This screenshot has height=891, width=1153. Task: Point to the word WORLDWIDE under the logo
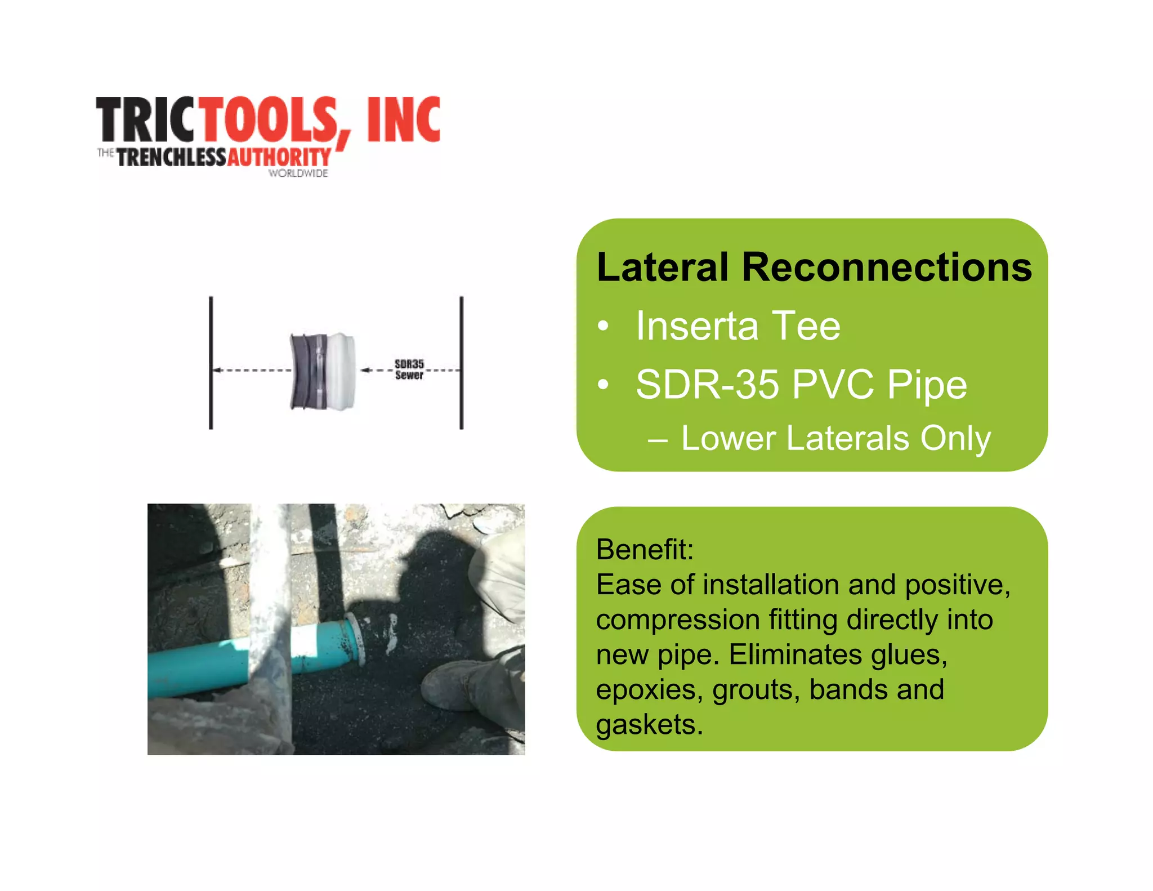[298, 173]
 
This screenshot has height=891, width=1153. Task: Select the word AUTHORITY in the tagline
[279, 157]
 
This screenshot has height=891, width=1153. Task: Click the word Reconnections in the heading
[887, 267]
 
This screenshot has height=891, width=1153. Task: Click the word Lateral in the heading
[663, 267]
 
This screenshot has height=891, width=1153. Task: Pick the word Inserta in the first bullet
[697, 326]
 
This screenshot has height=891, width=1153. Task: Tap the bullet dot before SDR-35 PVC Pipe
[604, 385]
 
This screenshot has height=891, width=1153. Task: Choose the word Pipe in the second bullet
[927, 385]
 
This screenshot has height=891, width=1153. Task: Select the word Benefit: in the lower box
[645, 549]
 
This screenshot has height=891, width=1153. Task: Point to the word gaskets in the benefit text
[649, 724]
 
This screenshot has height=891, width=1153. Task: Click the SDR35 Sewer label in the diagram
[409, 369]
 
